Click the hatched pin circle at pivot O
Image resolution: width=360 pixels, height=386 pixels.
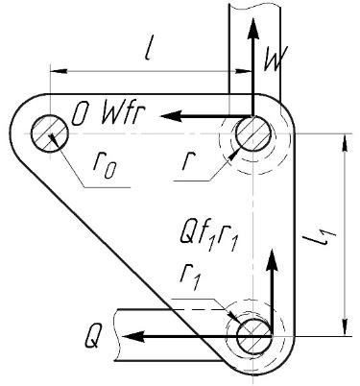[50, 133]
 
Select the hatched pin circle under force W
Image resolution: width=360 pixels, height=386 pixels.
[253, 133]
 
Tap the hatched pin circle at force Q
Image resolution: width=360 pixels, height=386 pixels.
[253, 336]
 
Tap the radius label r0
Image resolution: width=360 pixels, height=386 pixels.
[104, 166]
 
